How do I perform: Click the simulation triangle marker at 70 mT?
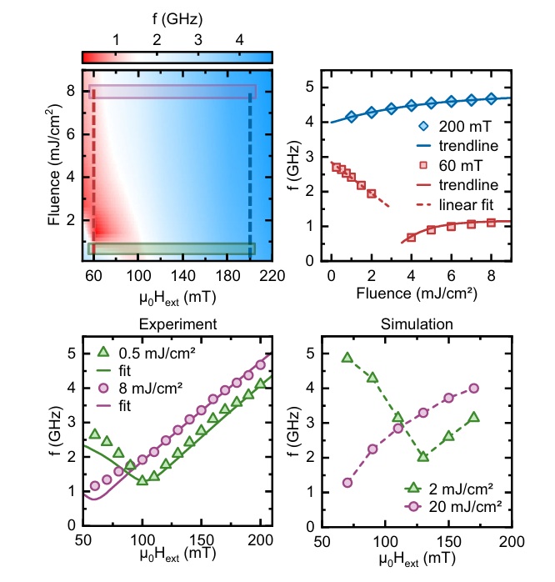click(x=347, y=358)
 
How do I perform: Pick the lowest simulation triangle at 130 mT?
click(x=422, y=457)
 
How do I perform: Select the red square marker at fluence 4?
click(x=411, y=237)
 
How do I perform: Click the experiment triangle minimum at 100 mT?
click(x=142, y=480)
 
